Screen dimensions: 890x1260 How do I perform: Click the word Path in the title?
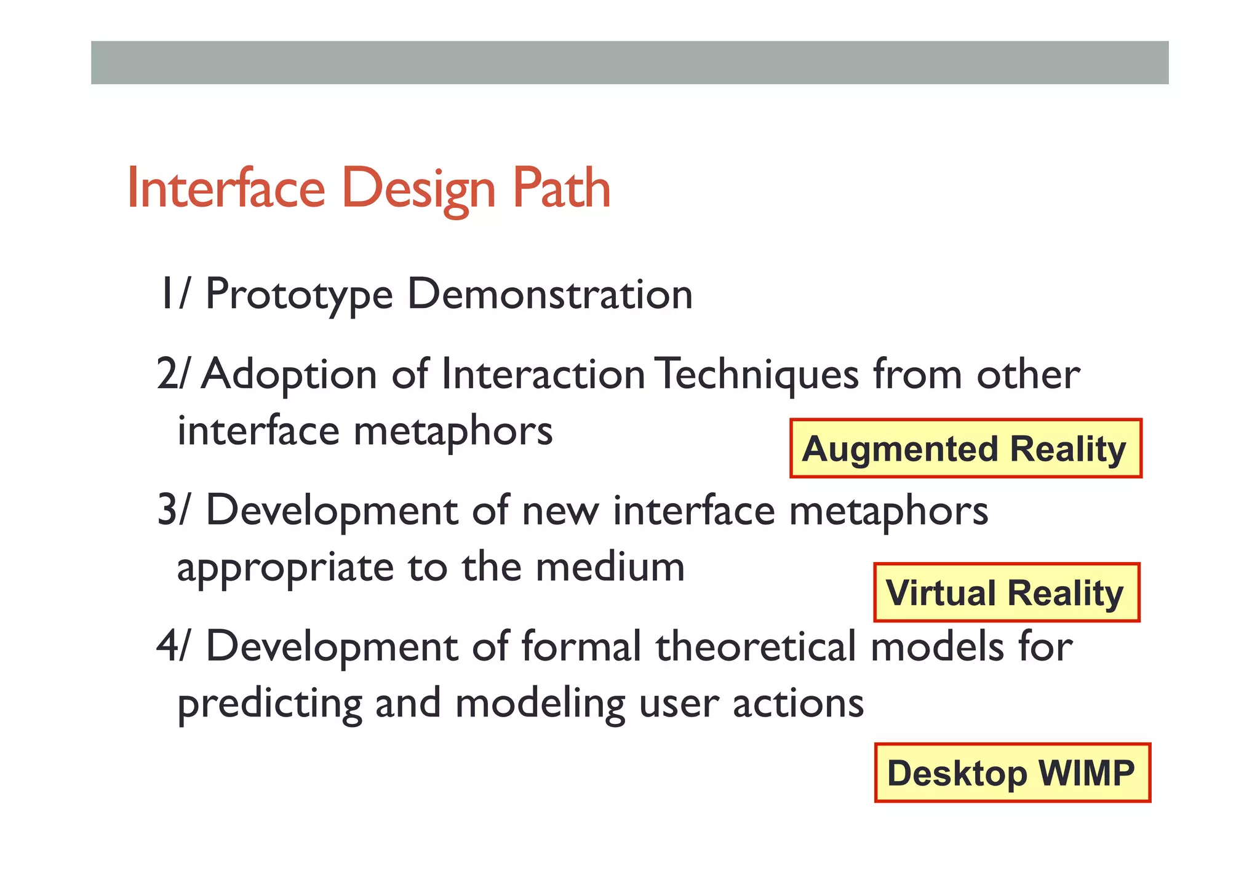(560, 188)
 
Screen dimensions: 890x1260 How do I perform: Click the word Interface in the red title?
(226, 188)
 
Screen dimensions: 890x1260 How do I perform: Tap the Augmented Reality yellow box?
(965, 448)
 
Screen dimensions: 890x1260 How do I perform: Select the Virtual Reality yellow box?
(1006, 592)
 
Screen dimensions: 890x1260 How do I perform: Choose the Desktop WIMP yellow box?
(1012, 773)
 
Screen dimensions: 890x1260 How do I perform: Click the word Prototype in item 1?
(298, 295)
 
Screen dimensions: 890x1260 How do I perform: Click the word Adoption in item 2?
(289, 375)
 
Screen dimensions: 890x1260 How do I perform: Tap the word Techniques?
(756, 375)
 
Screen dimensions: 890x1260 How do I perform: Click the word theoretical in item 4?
(756, 647)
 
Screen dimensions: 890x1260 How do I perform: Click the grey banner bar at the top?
(629, 63)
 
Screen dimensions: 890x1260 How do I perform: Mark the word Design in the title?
(418, 189)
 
